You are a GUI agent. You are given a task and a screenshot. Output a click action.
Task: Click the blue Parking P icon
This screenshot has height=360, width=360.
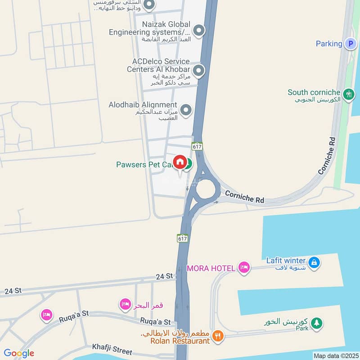coord(350,44)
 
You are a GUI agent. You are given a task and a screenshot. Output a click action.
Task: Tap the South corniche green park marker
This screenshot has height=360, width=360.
coord(348,94)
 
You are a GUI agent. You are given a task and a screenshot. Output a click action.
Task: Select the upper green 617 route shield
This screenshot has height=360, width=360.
coord(197,146)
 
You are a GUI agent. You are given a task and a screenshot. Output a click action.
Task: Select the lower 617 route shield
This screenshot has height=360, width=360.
coord(182,238)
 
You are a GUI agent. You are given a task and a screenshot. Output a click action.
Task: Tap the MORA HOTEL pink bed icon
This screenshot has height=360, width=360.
coord(244,268)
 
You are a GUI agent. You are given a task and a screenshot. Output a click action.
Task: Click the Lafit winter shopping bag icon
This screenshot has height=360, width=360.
coord(315,261)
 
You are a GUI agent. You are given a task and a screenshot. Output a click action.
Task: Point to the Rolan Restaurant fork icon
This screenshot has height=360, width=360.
coord(218,335)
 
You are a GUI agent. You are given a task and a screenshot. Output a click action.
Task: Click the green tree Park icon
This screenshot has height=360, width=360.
coord(317,323)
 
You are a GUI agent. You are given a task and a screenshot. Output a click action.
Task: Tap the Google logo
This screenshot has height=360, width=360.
coord(19,353)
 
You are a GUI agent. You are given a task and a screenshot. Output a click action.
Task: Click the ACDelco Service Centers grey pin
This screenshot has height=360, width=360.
coord(198,71)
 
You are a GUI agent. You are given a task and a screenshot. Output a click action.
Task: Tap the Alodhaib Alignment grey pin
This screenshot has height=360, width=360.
coord(185,109)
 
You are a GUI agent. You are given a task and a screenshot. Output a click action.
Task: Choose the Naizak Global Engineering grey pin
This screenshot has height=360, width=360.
coord(199,31)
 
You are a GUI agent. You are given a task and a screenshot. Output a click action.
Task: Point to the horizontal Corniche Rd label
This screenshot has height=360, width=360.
coord(244,197)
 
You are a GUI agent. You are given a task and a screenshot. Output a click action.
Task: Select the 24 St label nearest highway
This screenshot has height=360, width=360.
coord(164,276)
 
